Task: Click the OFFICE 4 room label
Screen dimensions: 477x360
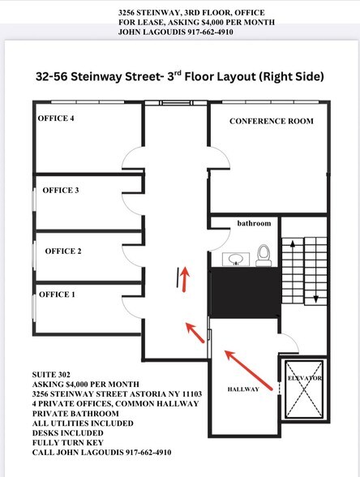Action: coord(56,118)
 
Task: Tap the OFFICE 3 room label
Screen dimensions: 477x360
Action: coord(61,190)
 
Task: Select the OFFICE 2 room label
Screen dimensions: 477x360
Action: coord(63,251)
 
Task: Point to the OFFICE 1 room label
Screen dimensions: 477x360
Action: coord(57,294)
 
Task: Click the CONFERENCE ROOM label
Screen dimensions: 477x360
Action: coord(270,121)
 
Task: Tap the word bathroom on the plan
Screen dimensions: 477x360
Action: coord(253,222)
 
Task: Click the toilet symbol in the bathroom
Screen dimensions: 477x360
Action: coord(263,255)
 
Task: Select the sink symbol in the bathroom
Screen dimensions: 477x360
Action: coord(235,258)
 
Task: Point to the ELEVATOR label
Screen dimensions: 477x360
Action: coord(304,379)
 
